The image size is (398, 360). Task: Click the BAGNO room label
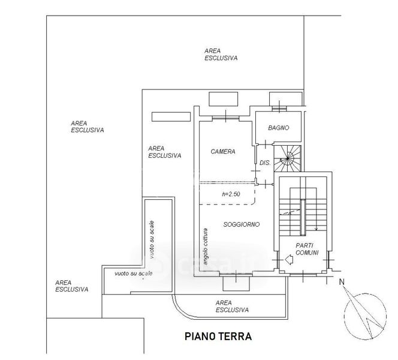point(279,128)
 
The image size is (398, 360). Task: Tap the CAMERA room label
point(222,152)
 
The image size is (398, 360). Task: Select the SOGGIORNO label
point(241,224)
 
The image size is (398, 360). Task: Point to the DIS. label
point(264,163)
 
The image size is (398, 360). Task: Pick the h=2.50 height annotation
point(231,194)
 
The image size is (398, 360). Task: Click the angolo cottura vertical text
point(205,247)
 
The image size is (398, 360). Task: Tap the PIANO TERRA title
point(218,337)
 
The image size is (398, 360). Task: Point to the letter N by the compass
point(341,282)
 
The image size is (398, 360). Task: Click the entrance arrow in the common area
point(288,259)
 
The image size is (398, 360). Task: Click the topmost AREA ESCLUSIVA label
point(221,55)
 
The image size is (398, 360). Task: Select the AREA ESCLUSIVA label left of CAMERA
point(165,151)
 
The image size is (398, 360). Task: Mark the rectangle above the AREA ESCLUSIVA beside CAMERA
point(167,116)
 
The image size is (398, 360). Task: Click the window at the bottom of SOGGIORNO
point(235,281)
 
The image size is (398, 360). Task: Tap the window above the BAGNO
point(281,99)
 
